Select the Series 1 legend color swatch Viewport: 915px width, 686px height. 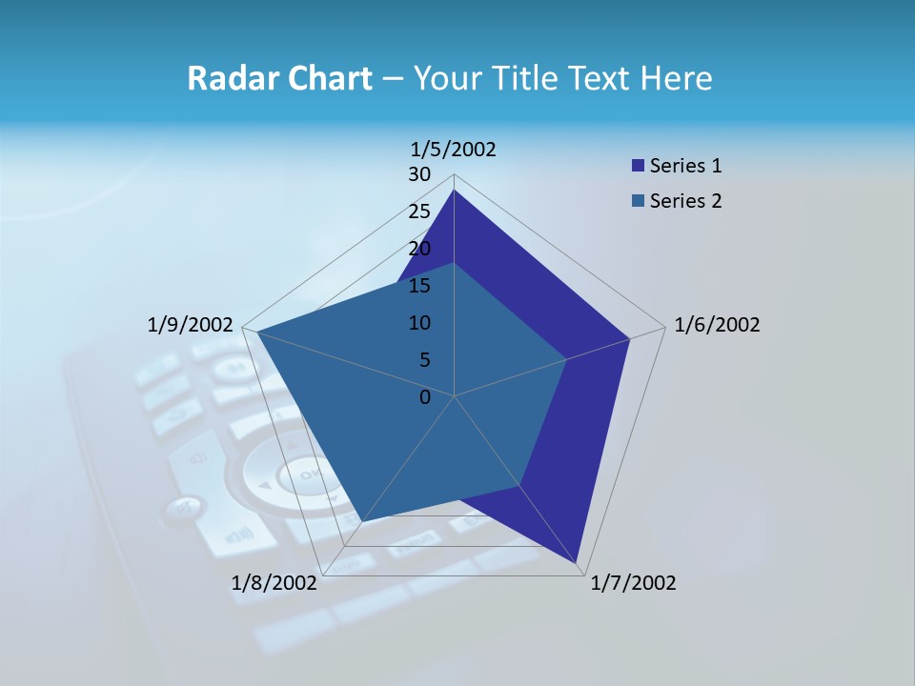click(638, 167)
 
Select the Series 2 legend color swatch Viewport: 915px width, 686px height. click(638, 201)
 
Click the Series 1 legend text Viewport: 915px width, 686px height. click(685, 166)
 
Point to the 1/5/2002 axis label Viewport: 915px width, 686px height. click(454, 149)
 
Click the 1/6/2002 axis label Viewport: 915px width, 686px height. click(717, 325)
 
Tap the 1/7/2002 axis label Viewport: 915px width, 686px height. click(633, 583)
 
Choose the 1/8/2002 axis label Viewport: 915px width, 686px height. click(274, 583)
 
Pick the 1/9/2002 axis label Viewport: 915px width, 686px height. click(191, 325)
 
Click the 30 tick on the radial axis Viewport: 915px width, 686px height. click(419, 174)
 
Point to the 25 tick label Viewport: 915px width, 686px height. click(419, 212)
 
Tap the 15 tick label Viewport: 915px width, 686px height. click(419, 286)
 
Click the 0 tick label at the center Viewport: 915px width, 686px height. click(425, 397)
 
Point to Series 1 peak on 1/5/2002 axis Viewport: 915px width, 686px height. click(454, 190)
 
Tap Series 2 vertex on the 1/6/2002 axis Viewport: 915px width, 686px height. click(566, 359)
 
